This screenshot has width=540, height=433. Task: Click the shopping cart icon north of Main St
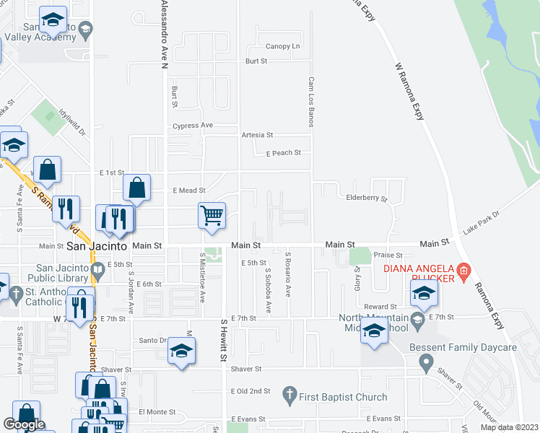pyautogui.click(x=212, y=214)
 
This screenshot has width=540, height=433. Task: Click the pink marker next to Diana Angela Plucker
pyautogui.click(x=463, y=272)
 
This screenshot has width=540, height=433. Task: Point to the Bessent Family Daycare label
pyautogui.click(x=477, y=347)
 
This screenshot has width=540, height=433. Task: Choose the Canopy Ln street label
pyautogui.click(x=283, y=46)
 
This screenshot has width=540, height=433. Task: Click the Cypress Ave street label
pyautogui.click(x=192, y=126)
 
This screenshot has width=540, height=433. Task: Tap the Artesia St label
pyautogui.click(x=257, y=134)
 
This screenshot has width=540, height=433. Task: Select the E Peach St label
pyautogui.click(x=283, y=153)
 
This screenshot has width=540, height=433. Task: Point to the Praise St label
pyautogui.click(x=388, y=255)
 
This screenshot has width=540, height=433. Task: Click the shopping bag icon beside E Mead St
pyautogui.click(x=136, y=188)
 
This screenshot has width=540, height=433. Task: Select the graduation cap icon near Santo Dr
pyautogui.click(x=180, y=351)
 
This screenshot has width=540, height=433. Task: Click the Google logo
pyautogui.click(x=24, y=425)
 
